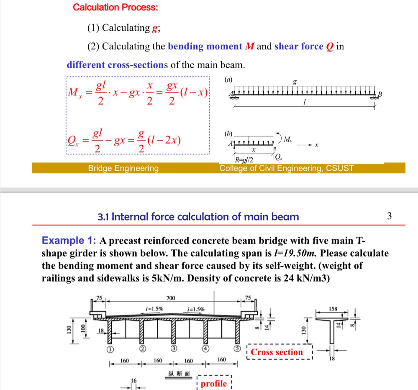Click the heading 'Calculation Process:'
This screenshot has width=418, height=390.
(115, 7)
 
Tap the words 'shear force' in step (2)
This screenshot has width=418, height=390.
(298, 46)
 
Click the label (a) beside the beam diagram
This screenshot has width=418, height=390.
(228, 79)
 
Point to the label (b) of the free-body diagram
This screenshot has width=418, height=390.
(228, 134)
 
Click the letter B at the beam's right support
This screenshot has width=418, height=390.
(380, 94)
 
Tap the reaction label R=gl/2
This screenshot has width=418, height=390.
(244, 159)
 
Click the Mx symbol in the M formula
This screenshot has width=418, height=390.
(74, 92)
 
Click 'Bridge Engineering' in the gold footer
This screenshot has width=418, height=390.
(123, 168)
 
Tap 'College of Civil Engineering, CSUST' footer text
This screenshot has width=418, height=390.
(287, 168)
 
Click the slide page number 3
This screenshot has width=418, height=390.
(390, 216)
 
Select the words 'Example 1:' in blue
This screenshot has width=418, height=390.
(69, 241)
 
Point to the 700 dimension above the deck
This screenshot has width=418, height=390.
(171, 298)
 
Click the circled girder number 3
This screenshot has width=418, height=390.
(173, 349)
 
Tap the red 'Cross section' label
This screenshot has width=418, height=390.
(277, 352)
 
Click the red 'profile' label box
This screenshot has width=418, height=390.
(214, 383)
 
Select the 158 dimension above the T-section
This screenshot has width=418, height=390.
(333, 309)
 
